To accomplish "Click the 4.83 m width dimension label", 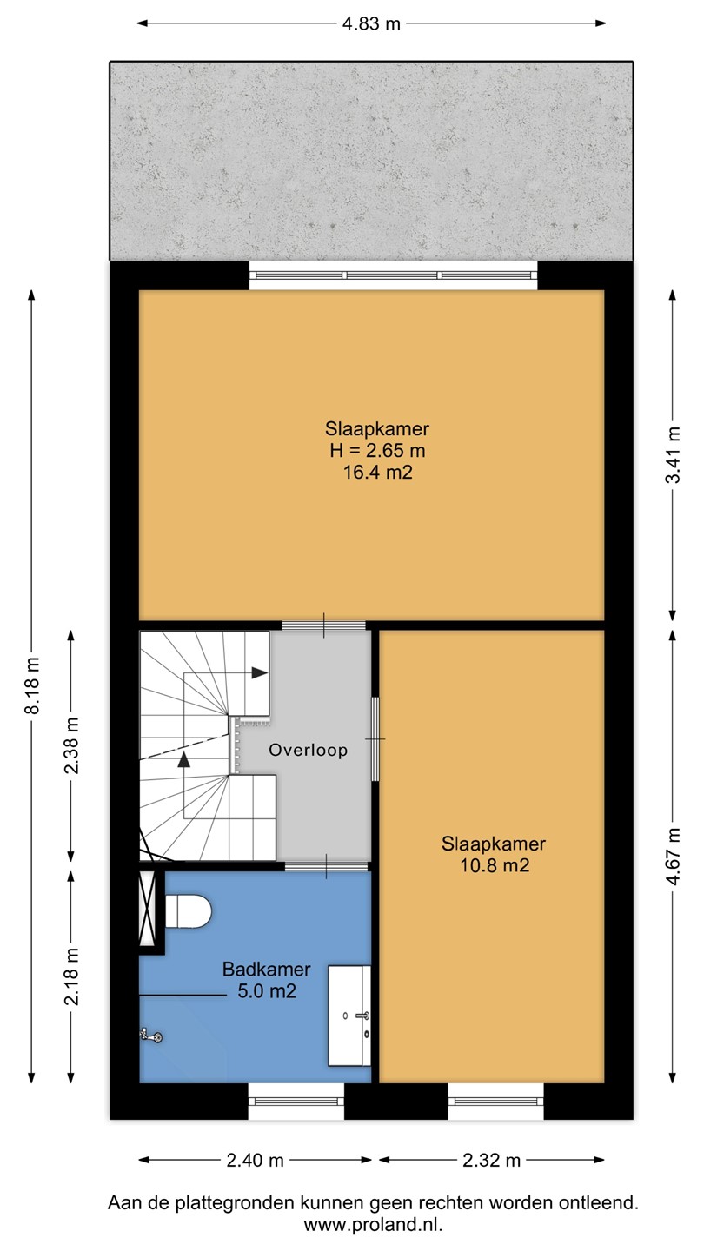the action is pyautogui.click(x=371, y=24).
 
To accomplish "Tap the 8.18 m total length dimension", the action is pyautogui.click(x=32, y=685).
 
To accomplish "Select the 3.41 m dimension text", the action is pyautogui.click(x=674, y=454).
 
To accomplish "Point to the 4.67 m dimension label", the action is pyautogui.click(x=674, y=857).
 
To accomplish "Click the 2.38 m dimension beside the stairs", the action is pyautogui.click(x=71, y=745).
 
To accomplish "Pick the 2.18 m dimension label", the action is pyautogui.click(x=71, y=976).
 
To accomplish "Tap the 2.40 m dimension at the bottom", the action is pyautogui.click(x=255, y=1161).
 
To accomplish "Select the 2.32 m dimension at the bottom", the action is pyautogui.click(x=492, y=1161).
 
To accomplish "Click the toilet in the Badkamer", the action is pyautogui.click(x=189, y=910).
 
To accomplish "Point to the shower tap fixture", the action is pyautogui.click(x=151, y=1036).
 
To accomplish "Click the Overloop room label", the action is pyautogui.click(x=308, y=750).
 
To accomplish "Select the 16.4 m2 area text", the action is pyautogui.click(x=378, y=473).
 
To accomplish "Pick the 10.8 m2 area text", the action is pyautogui.click(x=494, y=865).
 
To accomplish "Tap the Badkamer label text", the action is pyautogui.click(x=267, y=969).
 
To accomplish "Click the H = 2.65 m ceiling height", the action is pyautogui.click(x=378, y=450).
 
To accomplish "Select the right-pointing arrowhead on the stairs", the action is pyautogui.click(x=259, y=673).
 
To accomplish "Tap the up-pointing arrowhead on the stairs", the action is pyautogui.click(x=184, y=759).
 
